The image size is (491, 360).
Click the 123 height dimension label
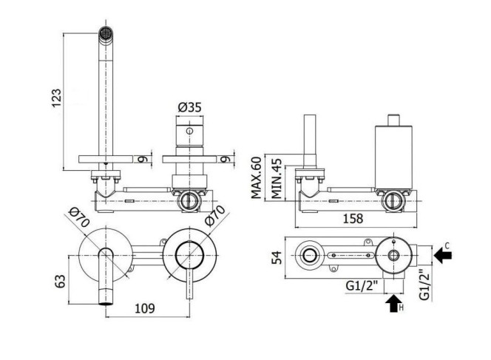(x=57, y=98)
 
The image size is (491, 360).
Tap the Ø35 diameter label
(x=190, y=107)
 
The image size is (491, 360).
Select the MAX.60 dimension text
(x=256, y=177)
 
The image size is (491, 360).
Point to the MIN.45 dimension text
(x=277, y=179)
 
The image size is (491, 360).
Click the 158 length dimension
(x=353, y=219)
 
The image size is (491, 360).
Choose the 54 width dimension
(x=277, y=257)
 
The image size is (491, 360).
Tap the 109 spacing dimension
(x=145, y=308)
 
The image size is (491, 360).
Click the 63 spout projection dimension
(x=60, y=281)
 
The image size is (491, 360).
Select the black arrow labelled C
(x=443, y=255)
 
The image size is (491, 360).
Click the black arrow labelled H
(x=393, y=303)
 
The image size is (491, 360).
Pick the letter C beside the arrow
(x=447, y=245)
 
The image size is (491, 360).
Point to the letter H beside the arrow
(x=401, y=308)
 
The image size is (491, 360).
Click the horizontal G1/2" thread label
(x=362, y=285)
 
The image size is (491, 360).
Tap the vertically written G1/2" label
(x=424, y=285)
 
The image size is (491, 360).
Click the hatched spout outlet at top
(x=106, y=33)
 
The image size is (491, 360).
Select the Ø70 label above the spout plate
(x=79, y=217)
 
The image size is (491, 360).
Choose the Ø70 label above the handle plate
(x=215, y=215)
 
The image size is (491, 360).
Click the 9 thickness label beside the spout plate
(x=143, y=159)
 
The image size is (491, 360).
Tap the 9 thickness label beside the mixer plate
(x=226, y=159)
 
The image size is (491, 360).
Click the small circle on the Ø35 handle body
(x=189, y=131)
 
